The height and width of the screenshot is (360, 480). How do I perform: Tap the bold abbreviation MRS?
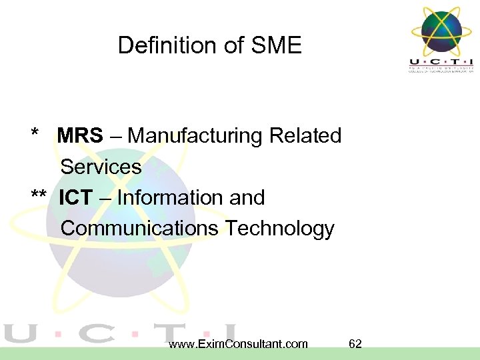point(80,136)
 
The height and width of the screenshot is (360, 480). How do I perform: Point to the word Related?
point(305,136)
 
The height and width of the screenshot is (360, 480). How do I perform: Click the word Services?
point(101,167)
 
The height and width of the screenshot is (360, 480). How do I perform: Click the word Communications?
point(139,229)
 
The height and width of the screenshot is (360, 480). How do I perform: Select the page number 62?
point(355,344)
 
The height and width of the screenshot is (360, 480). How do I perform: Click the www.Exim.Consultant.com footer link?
point(239,344)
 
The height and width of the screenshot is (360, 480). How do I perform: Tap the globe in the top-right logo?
point(441,30)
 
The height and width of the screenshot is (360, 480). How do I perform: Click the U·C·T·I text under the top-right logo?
point(441,61)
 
